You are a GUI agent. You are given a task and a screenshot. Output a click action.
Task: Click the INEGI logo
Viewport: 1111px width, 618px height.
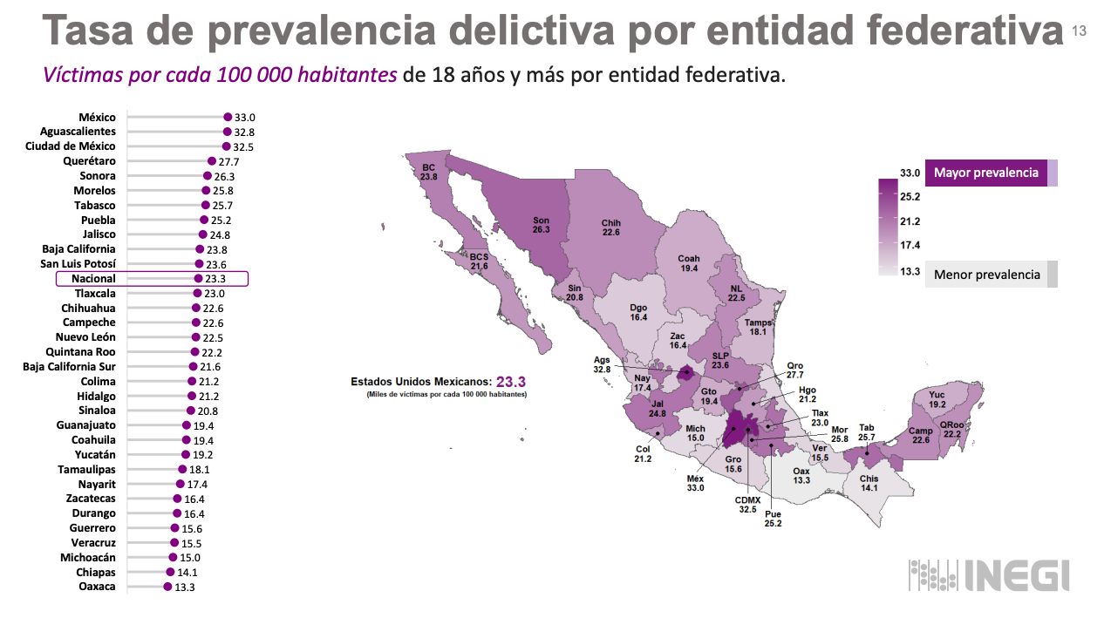click(x=989, y=576)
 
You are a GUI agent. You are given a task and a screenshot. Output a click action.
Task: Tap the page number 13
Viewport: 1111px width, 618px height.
click(x=1079, y=31)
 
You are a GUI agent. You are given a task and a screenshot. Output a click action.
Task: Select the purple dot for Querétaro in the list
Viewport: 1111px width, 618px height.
click(x=212, y=161)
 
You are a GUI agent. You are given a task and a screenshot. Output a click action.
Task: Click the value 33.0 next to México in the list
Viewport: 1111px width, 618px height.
click(x=244, y=117)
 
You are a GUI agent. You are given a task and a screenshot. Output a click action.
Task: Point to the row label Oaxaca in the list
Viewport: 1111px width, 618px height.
click(x=97, y=587)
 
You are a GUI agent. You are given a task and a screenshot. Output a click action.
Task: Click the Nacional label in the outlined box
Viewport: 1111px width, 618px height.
click(x=94, y=279)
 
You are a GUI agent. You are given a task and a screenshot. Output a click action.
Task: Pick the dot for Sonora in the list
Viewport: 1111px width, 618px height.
click(x=208, y=176)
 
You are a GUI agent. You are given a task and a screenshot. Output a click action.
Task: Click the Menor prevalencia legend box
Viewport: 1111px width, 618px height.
click(x=986, y=275)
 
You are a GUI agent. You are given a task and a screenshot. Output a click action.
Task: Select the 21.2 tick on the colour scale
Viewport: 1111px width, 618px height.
click(x=911, y=221)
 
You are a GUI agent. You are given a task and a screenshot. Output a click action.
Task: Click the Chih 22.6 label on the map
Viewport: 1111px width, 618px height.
click(x=610, y=228)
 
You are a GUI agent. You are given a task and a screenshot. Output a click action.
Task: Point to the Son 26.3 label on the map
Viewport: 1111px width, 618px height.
click(x=541, y=225)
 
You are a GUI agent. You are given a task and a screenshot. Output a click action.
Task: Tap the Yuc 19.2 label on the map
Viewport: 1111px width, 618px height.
click(x=937, y=400)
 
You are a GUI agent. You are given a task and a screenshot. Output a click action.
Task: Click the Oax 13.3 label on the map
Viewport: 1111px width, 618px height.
click(x=801, y=475)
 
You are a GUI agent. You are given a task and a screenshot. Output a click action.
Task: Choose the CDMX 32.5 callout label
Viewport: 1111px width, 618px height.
click(x=746, y=504)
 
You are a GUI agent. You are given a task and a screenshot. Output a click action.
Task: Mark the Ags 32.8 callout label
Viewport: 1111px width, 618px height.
click(x=602, y=363)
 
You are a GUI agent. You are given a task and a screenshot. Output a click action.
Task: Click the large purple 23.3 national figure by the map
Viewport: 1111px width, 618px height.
click(x=511, y=382)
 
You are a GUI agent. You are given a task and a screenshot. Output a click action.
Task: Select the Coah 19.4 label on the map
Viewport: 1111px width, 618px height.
click(x=689, y=263)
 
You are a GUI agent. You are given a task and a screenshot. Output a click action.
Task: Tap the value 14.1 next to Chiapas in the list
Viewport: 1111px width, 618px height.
click(x=187, y=573)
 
